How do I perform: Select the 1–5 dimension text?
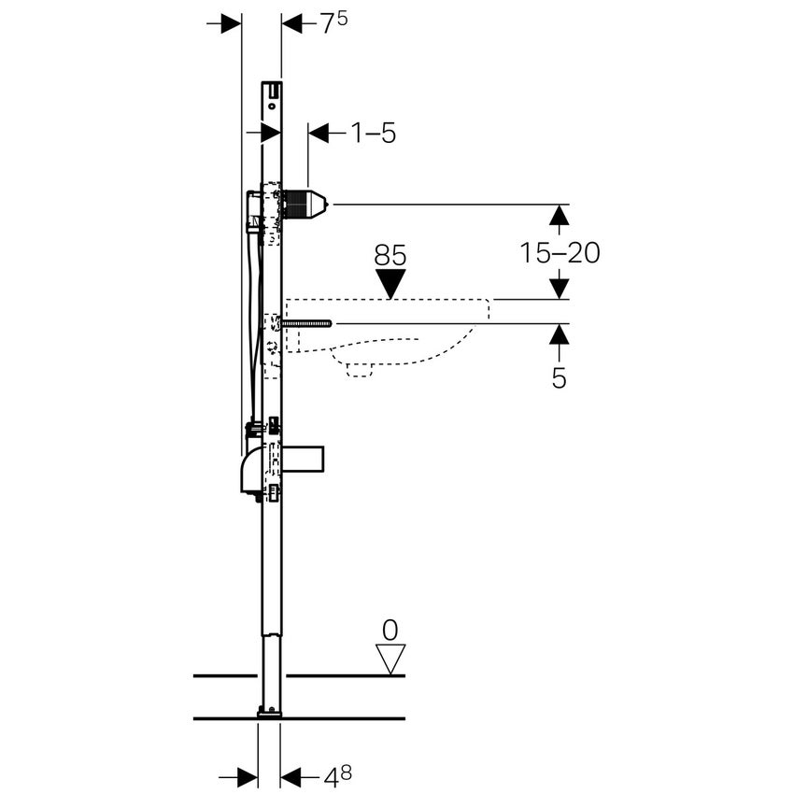coord(374,134)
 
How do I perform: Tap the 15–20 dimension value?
coord(560,252)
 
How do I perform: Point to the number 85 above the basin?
coord(390,255)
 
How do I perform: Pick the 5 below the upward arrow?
coord(559,377)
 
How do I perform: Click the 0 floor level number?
coord(390,628)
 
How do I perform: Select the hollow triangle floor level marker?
coord(390,658)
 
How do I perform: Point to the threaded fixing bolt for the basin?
coord(305,323)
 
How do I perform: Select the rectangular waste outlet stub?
coord(303,460)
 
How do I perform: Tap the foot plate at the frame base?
coord(269,713)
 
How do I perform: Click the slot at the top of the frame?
coord(276,90)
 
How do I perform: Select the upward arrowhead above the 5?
coord(559,334)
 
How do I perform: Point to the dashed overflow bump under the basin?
coord(360,368)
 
